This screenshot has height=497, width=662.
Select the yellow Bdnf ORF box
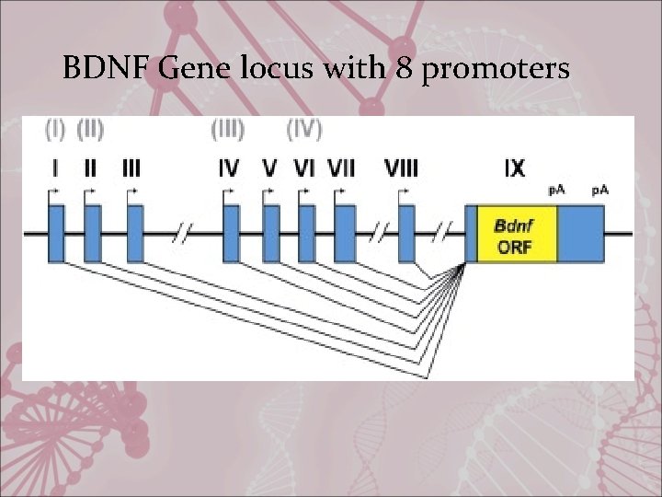pos(516,235)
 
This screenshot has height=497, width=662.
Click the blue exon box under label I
pos(55,234)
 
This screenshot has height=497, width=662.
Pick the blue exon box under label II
pos(92,234)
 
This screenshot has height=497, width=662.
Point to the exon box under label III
pos(135,234)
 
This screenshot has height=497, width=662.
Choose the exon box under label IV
pos(231,234)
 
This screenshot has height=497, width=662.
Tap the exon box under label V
pos(270,234)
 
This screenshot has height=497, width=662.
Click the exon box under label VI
pos(306,234)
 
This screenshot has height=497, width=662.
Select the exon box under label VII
pos(344,234)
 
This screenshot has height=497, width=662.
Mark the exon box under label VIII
pos(405,234)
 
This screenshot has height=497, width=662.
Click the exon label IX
pos(515,168)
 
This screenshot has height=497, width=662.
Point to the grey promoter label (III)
pos(228,130)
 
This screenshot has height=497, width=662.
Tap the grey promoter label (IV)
pos(304,130)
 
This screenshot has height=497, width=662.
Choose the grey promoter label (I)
pos(54,130)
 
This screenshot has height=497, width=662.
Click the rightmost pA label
pos(599,190)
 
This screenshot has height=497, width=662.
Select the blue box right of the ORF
pos(580,235)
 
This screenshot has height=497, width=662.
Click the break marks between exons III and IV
pos(182,235)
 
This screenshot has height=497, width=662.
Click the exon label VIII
pos(402,168)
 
